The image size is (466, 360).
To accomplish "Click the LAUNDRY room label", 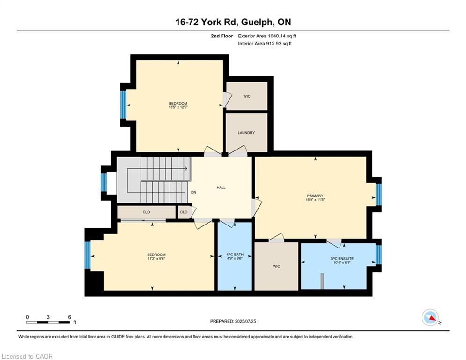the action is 246,133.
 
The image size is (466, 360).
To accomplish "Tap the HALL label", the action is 221,187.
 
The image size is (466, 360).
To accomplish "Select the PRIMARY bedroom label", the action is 315,196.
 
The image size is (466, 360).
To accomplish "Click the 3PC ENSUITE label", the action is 342,259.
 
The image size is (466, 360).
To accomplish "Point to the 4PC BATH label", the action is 235,255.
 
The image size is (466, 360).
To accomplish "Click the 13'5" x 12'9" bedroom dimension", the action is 178,107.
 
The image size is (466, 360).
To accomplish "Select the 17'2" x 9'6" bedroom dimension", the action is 156,259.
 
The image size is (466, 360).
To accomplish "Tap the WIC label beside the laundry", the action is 247,96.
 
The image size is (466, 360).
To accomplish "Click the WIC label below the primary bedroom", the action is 276,266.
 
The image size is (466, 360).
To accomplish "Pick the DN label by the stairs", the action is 193,192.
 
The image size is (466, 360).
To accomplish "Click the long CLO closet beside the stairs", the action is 146,212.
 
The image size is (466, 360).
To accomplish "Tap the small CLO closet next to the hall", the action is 184,212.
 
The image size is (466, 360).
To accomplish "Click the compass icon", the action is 430,317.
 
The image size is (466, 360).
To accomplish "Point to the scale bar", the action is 48,322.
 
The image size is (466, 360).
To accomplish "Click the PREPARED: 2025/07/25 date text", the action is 233,321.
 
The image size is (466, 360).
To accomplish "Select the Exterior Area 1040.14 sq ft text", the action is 267,36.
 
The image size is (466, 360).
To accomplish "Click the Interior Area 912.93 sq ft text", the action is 265,44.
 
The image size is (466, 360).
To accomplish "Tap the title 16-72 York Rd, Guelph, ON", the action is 233,22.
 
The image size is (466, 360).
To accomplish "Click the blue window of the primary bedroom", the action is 378,195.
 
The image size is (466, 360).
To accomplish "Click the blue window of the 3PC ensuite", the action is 378,255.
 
